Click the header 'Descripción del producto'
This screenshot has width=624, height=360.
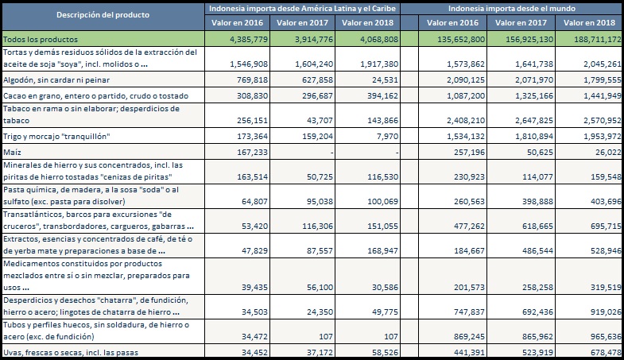(x=103, y=15)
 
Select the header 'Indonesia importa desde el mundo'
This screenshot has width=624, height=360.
(x=512, y=9)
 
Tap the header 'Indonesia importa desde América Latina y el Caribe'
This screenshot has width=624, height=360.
(x=302, y=9)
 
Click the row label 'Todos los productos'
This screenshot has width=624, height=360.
(x=41, y=40)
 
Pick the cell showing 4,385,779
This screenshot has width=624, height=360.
(x=249, y=40)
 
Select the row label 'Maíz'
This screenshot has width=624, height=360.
(x=12, y=153)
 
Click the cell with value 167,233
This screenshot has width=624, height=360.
(x=252, y=153)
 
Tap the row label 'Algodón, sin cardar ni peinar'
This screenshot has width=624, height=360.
(x=56, y=80)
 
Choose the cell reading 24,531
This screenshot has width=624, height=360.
(x=383, y=80)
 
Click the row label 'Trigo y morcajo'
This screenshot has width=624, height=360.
(x=56, y=137)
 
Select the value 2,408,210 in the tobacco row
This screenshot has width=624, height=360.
(x=466, y=121)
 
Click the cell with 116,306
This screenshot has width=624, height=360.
(x=317, y=226)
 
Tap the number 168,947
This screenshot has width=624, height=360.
(x=383, y=251)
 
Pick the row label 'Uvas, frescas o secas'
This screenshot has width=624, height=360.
(x=71, y=352)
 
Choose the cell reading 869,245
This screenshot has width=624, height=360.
(x=469, y=337)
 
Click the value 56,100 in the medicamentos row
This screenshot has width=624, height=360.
(x=320, y=288)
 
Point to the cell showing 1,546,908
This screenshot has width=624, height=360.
(x=249, y=64)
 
